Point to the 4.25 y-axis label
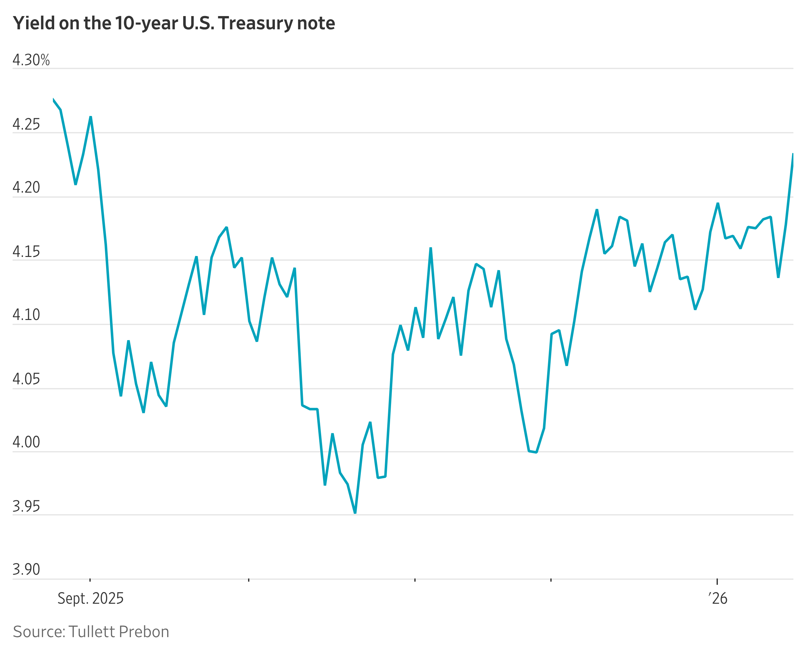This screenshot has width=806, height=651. click(x=26, y=125)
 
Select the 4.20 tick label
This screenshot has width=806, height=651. click(x=26, y=188)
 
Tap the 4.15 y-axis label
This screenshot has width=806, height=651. click(x=26, y=252)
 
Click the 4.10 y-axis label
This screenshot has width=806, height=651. click(x=26, y=315)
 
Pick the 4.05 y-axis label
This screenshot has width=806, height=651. click(x=26, y=379)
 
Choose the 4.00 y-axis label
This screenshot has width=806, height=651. click(x=26, y=442)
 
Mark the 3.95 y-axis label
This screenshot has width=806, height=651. click(x=26, y=506)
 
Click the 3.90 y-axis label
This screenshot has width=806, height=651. click(x=26, y=569)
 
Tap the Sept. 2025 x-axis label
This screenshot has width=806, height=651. click(x=90, y=598)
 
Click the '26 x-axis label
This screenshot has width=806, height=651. click(x=717, y=598)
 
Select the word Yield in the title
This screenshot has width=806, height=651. click(x=34, y=23)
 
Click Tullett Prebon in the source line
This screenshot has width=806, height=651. click(x=119, y=632)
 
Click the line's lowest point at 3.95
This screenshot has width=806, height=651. click(x=355, y=512)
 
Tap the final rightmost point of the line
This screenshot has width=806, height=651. click(x=793, y=154)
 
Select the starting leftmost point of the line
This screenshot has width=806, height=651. click(x=53, y=100)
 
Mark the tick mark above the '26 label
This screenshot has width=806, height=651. click(x=717, y=582)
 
